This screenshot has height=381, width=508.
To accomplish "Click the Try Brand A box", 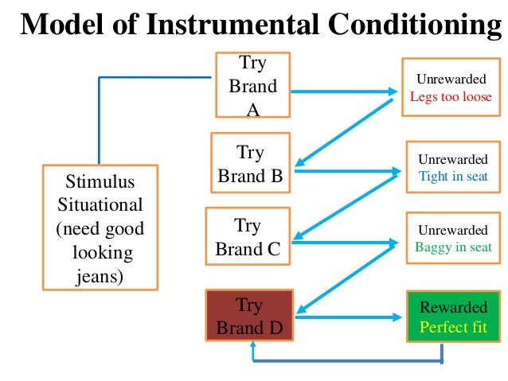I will pos(253,85).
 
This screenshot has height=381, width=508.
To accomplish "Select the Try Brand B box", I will pos(250,163).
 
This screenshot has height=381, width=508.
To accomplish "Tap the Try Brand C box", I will pos(248,236).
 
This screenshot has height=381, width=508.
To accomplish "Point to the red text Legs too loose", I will pos(451,97).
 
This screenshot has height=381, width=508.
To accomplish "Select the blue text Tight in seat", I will pos(452,176).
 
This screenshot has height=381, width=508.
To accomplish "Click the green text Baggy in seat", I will pos(453,247).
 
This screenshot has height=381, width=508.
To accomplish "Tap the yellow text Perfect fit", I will pos(453,327).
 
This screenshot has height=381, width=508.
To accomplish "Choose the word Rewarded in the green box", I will pos(453,308).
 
